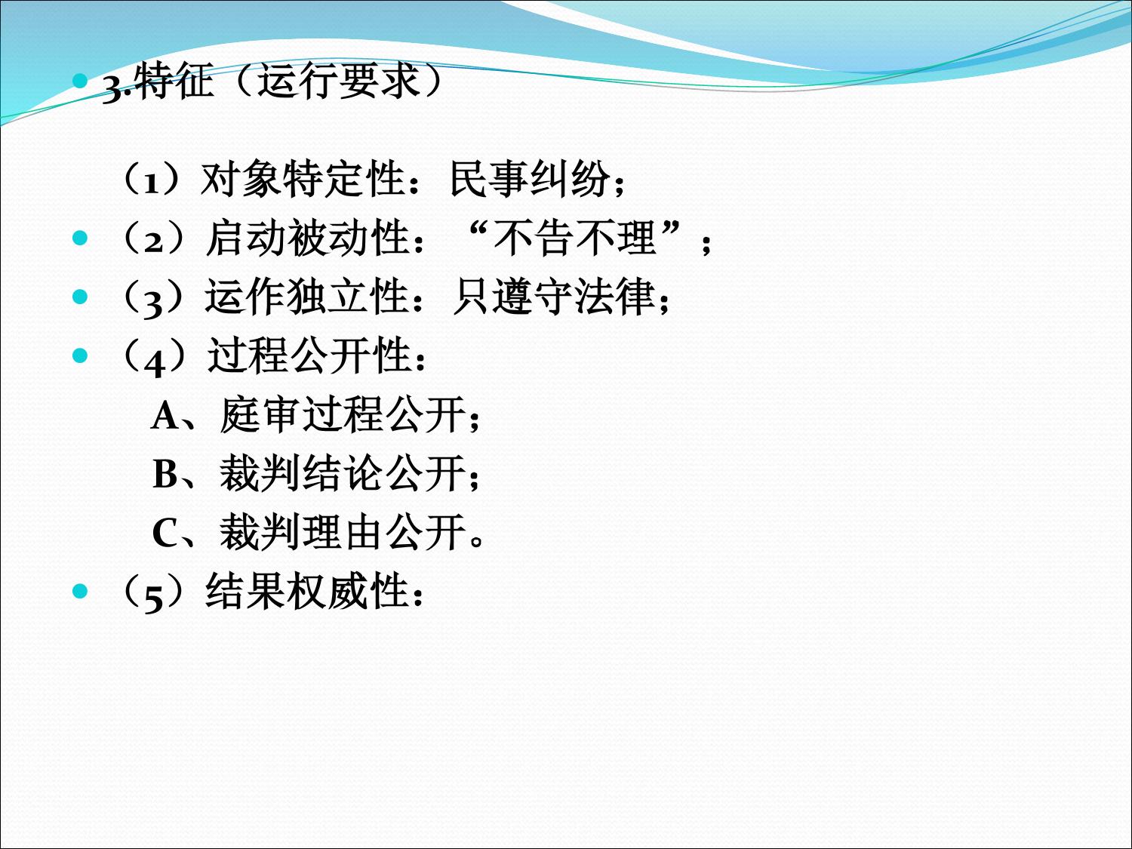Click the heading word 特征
(x=176, y=82)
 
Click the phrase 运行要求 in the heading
(x=339, y=82)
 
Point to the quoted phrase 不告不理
(x=574, y=238)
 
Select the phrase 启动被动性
(x=307, y=238)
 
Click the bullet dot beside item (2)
(x=80, y=238)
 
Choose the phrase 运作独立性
(x=307, y=297)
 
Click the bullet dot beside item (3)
(x=80, y=297)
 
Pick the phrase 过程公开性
(x=309, y=355)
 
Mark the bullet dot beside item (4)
(x=80, y=355)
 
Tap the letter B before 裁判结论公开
(x=165, y=474)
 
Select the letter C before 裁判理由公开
(x=165, y=533)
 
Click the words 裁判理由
(x=302, y=533)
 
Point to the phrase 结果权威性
(x=307, y=591)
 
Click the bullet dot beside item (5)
(x=80, y=591)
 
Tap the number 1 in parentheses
(x=152, y=183)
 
